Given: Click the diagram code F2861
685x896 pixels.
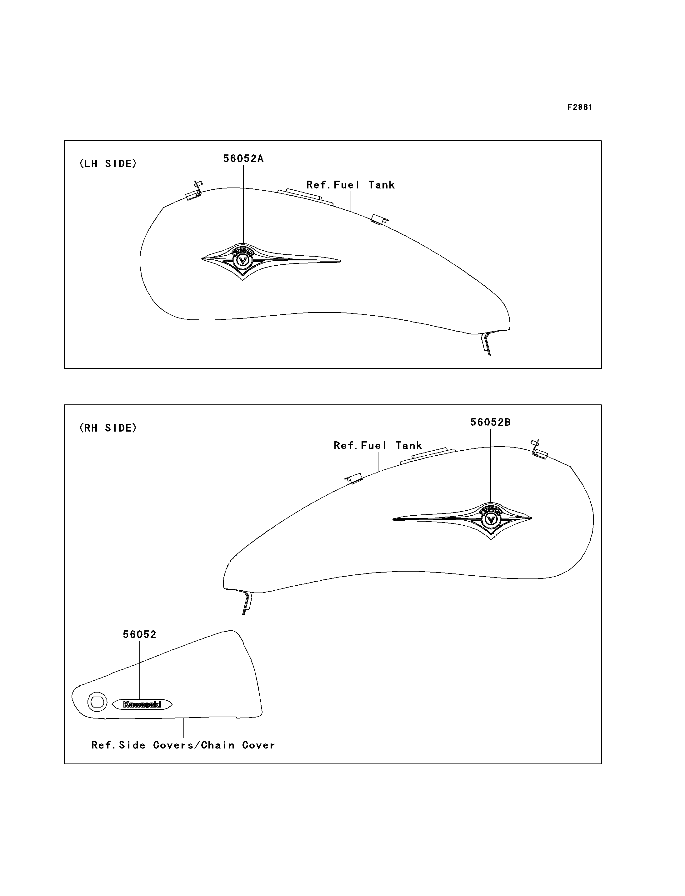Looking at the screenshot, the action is point(579,107).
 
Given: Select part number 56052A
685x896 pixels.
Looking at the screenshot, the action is point(243,159).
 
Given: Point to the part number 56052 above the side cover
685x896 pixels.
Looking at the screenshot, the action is point(139,635).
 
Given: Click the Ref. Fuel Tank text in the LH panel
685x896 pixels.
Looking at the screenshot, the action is point(350,185).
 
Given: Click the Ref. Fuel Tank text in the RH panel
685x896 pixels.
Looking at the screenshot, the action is point(377,446).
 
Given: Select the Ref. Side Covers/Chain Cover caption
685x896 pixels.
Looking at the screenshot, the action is point(183,745).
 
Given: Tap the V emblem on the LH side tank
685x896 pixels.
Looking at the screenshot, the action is point(242,261).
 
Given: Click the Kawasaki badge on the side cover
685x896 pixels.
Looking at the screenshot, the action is point(142,704).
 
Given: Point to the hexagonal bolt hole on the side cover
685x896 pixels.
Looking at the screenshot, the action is point(97,702).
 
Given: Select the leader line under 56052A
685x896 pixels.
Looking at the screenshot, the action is point(243,204).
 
